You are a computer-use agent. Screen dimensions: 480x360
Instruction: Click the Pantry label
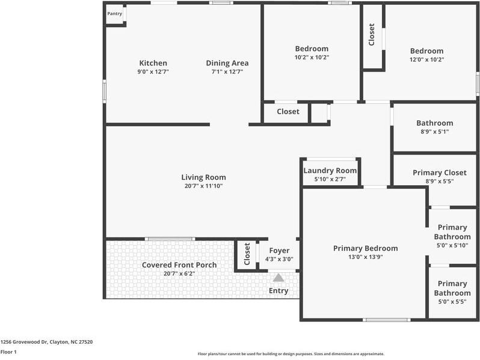click(114, 14)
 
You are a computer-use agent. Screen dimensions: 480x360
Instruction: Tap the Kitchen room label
click(153, 63)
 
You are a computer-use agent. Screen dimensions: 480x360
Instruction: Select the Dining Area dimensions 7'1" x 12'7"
click(227, 72)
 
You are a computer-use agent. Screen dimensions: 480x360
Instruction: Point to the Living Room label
click(203, 177)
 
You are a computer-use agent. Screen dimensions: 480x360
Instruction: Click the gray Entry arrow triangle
click(278, 278)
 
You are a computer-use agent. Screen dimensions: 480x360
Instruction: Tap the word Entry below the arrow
click(278, 290)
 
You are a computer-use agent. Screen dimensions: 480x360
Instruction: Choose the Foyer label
click(279, 251)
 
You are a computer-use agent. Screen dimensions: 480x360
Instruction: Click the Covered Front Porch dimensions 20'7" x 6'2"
click(179, 273)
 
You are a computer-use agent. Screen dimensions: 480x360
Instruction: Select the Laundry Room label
click(330, 171)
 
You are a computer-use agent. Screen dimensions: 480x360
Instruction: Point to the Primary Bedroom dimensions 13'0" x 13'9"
click(366, 257)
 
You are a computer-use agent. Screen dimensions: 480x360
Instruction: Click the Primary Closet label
click(440, 173)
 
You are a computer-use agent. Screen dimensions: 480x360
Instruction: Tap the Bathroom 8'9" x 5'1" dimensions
click(435, 132)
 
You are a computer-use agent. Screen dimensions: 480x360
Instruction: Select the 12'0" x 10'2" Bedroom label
click(426, 50)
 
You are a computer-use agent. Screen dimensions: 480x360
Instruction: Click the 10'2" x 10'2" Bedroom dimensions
click(312, 57)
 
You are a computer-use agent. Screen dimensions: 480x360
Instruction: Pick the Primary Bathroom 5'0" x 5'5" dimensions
click(452, 302)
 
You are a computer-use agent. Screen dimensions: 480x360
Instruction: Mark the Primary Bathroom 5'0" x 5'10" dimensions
click(452, 245)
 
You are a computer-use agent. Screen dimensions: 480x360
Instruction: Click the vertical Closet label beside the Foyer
click(247, 254)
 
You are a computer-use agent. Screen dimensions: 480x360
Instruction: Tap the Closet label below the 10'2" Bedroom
click(288, 112)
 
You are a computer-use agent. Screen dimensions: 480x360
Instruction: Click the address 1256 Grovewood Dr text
click(24, 342)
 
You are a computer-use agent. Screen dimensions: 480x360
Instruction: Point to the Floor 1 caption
click(8, 352)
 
